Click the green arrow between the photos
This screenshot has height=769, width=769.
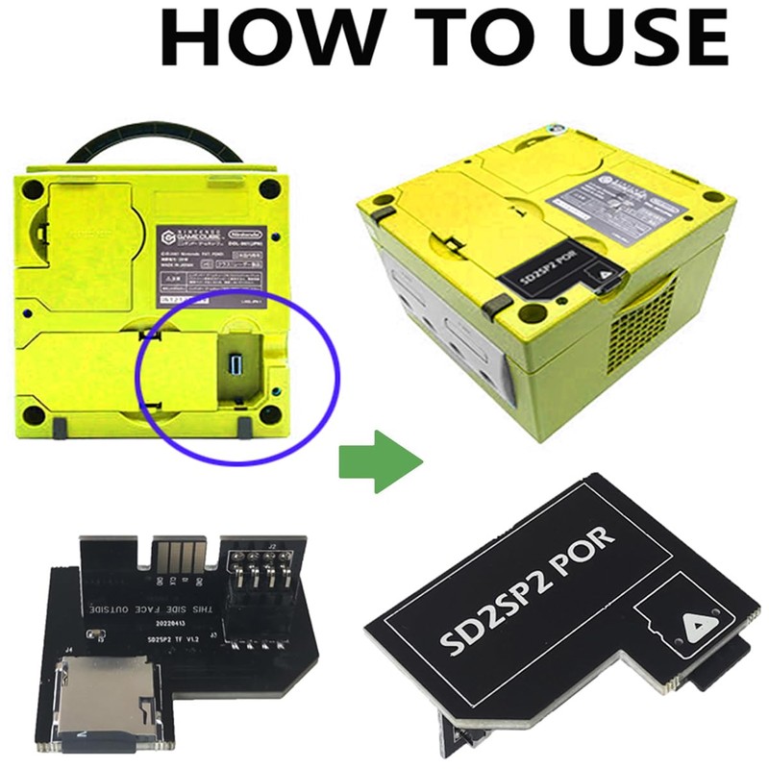coord(381,462)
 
